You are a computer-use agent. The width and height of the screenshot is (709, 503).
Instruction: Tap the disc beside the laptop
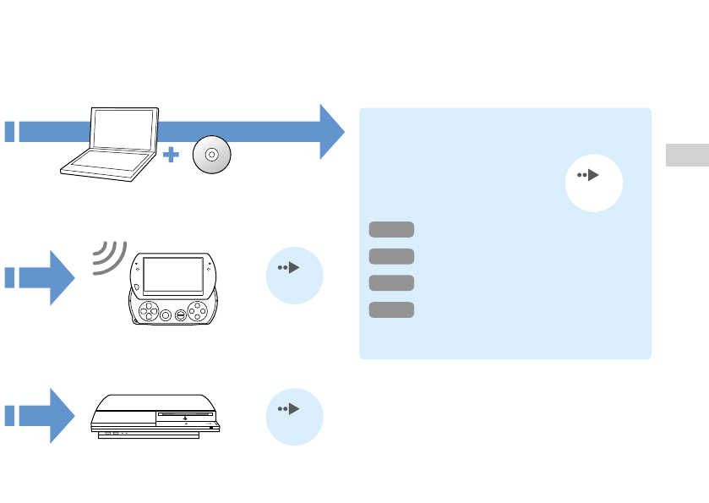[211, 156]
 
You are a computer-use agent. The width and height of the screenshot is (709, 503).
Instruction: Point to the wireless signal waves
[108, 256]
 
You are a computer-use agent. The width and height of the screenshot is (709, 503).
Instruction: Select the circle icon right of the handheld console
[294, 275]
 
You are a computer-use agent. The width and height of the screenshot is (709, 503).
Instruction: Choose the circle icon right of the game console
[294, 416]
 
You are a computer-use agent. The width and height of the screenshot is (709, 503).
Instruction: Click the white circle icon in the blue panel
[593, 183]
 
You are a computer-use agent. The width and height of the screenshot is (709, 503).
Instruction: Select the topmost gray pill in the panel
[391, 229]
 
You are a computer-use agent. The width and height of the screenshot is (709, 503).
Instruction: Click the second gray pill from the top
[391, 256]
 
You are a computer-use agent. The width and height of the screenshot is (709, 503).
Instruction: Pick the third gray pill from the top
[391, 282]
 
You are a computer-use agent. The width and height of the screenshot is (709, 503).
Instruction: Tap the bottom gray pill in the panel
[391, 309]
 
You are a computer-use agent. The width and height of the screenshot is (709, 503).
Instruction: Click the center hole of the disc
[211, 156]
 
